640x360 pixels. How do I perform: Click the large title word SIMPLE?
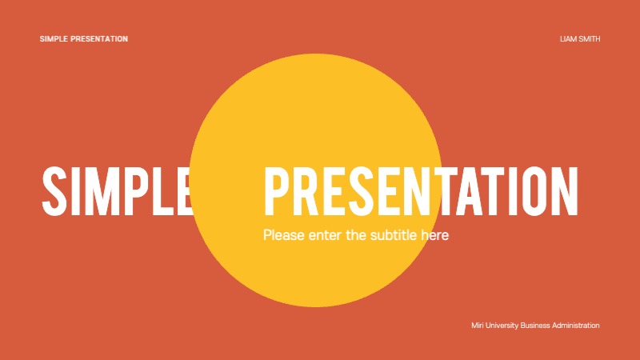[x=117, y=191]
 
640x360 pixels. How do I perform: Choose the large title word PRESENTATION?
[x=421, y=191]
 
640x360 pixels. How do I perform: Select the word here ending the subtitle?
[x=436, y=235]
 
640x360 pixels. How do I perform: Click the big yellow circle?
[x=315, y=120]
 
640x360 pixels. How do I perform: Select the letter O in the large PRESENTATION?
[x=535, y=191]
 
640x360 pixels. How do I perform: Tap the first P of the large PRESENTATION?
[x=277, y=191]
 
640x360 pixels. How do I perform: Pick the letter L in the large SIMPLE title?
[x=165, y=191]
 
